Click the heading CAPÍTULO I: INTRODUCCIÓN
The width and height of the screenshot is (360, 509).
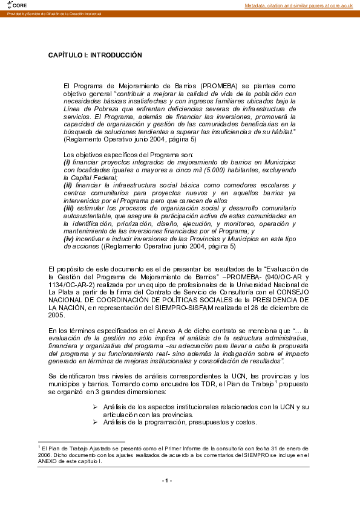[94, 55]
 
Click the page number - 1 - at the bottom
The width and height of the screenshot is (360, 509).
[167, 481]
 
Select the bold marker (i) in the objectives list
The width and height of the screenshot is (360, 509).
[67, 163]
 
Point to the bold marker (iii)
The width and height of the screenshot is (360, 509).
[70, 208]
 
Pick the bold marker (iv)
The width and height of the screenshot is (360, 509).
[69, 239]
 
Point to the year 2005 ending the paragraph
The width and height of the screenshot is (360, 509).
[56, 315]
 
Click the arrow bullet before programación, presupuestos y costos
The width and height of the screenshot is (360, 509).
[95, 422]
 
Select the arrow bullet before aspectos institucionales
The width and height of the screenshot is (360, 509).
[95, 407]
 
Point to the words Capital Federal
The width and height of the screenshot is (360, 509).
[85, 178]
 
